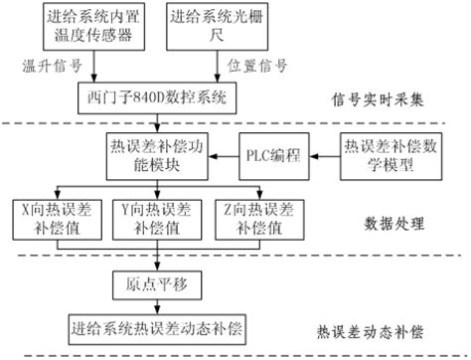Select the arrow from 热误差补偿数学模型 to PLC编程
pos(322,155)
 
